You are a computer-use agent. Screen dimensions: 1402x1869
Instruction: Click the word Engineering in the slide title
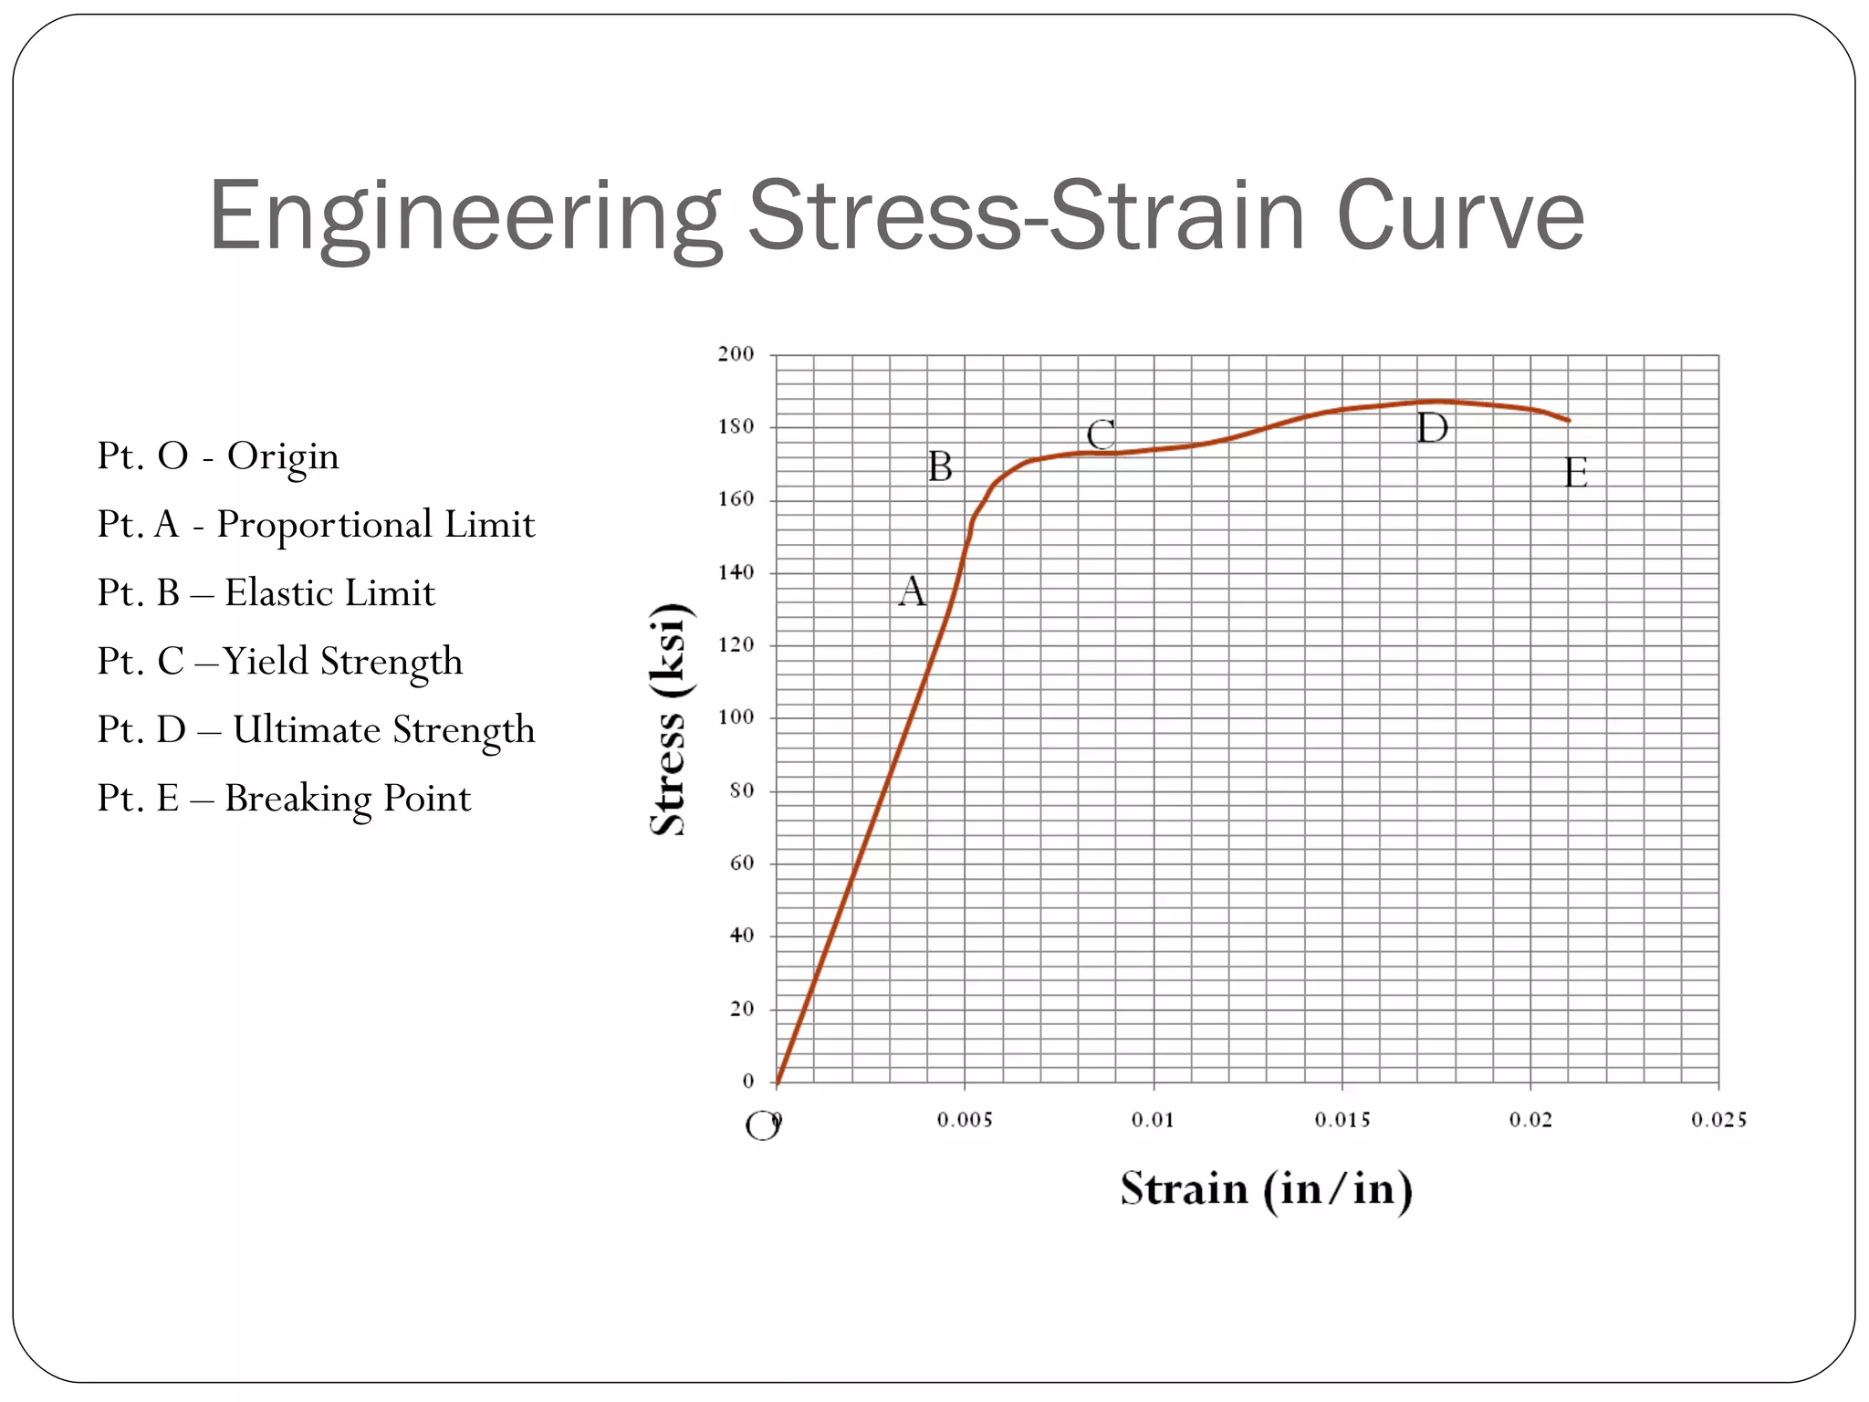465,217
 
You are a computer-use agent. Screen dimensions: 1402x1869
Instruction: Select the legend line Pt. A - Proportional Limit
316,525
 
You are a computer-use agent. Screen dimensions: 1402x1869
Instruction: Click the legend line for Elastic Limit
266,593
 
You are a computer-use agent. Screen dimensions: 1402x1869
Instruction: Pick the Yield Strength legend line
280,662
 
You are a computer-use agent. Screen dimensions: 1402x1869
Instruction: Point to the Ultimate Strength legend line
316,730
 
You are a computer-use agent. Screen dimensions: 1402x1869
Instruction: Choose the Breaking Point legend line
284,799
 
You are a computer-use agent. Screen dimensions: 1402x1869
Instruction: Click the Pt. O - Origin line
218,456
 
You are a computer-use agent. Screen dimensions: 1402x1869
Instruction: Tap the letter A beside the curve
912,591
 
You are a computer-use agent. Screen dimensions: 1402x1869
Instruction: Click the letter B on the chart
940,467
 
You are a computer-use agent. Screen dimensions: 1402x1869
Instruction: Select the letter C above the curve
1101,434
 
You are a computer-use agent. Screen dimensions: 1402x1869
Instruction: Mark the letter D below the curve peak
1432,428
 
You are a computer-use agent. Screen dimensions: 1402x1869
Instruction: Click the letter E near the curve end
1576,473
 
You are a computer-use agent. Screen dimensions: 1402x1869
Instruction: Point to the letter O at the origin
761,1126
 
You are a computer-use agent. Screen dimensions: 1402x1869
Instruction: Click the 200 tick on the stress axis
736,354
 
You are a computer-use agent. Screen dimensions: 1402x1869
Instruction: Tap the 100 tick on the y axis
736,717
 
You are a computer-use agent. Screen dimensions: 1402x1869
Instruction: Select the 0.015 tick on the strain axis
1342,1120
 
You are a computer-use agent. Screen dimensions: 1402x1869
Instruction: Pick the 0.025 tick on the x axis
1718,1120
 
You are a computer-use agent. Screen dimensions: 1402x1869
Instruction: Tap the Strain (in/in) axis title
1266,1189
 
